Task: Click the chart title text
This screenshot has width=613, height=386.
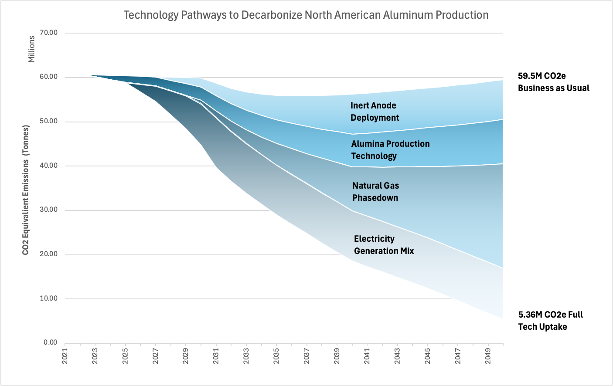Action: tap(306, 15)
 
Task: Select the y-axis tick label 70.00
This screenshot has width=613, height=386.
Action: tap(49, 33)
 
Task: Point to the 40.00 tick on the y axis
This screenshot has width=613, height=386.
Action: tap(49, 166)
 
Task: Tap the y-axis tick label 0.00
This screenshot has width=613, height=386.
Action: tap(51, 342)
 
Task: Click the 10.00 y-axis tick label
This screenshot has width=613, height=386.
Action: tap(49, 298)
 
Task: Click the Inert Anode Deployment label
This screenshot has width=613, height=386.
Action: tap(375, 112)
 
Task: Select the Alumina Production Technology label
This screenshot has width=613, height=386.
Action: tap(390, 150)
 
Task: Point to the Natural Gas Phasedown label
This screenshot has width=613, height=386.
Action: tap(375, 192)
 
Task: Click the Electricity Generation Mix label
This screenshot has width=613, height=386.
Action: tap(384, 245)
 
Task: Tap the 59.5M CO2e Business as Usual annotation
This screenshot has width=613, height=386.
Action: tap(553, 82)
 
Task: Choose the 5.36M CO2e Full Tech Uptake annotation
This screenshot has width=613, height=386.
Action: tap(550, 321)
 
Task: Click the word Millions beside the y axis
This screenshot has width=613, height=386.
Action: tap(31, 49)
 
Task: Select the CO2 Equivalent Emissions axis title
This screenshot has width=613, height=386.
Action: tap(26, 190)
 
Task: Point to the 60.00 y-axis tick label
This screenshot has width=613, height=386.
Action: tap(49, 77)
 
